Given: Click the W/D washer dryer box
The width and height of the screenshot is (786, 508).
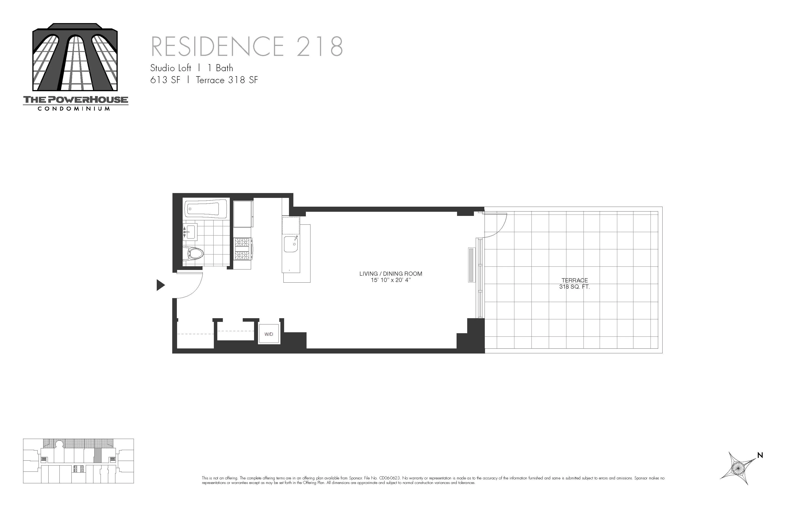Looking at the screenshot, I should (269, 334).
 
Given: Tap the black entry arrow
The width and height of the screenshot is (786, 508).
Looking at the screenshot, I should (160, 285).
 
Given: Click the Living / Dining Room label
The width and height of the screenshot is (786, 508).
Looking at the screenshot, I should (391, 273).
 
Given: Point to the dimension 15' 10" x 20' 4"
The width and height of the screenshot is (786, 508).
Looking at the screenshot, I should (391, 280).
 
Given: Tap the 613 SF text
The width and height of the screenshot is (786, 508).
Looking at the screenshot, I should (165, 80).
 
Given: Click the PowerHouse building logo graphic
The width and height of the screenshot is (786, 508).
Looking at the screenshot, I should (75, 58).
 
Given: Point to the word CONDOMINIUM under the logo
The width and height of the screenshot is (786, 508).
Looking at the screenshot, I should (74, 109).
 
